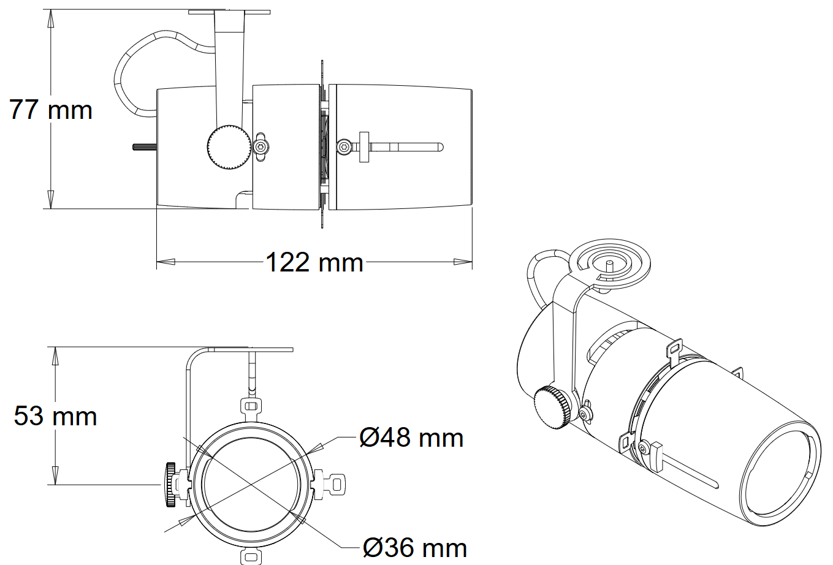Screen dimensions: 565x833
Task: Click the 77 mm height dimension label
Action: click(51, 110)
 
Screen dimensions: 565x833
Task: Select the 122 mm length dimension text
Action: click(314, 262)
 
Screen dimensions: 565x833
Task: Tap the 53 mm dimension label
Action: click(56, 416)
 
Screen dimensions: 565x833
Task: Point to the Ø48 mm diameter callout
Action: click(411, 438)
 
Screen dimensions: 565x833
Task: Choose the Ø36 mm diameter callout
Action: click(414, 547)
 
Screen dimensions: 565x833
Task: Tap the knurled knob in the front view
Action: click(170, 485)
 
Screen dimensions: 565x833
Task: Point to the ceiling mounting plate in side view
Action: click(229, 11)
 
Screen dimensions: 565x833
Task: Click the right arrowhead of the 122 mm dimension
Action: click(463, 262)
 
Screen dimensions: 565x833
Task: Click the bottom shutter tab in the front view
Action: click(250, 556)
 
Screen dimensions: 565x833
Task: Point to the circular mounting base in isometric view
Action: click(609, 262)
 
